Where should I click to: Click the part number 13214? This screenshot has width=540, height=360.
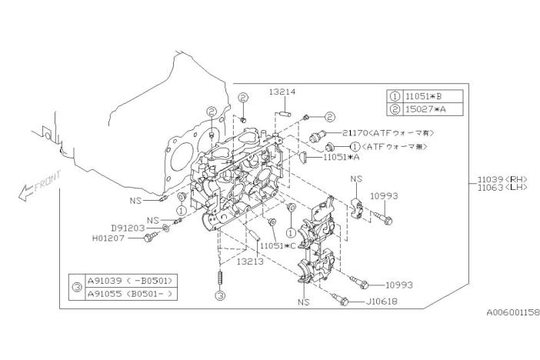282,92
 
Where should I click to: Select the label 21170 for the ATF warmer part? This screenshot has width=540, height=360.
355,132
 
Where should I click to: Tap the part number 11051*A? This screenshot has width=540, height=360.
342,157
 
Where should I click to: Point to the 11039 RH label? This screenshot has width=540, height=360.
502,179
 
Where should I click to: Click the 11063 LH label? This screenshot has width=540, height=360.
502,188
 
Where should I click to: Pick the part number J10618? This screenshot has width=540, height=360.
382,302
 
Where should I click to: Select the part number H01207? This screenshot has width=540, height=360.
108,238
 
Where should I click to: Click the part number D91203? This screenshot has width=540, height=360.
128,228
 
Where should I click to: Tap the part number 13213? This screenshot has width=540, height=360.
250,262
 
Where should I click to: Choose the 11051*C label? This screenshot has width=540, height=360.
278,246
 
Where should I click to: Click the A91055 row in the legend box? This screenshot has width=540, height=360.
131,294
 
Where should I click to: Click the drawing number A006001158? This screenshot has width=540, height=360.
513,312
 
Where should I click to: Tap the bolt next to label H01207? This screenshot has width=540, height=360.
151,237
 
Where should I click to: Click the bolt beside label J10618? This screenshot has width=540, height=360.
340,299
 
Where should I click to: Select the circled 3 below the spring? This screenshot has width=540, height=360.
221,295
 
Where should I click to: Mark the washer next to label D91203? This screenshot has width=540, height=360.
165,228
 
